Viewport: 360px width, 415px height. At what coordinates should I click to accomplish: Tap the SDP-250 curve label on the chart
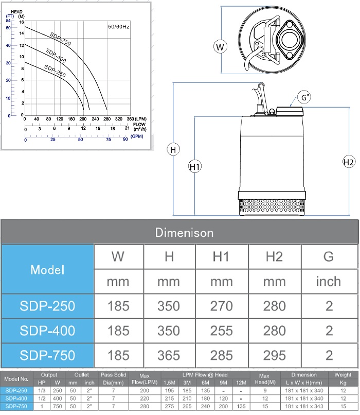pyautogui.click(x=54, y=69)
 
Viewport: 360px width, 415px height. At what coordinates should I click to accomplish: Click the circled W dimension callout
pyautogui.click(x=220, y=47)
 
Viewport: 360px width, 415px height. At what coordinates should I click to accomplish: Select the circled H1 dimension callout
pyautogui.click(x=194, y=166)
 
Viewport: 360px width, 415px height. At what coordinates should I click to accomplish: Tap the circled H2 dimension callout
pyautogui.click(x=348, y=162)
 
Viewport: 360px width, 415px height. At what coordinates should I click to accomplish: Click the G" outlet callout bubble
pyautogui.click(x=305, y=97)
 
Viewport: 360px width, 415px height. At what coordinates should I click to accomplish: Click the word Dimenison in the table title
pyautogui.click(x=184, y=233)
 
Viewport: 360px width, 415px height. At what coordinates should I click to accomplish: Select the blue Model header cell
pyautogui.click(x=48, y=269)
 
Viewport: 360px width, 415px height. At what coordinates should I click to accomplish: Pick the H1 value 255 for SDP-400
pyautogui.click(x=222, y=331)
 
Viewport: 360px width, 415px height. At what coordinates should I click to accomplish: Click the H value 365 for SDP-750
pyautogui.click(x=169, y=355)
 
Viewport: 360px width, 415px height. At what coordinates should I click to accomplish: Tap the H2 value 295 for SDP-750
pyautogui.click(x=274, y=355)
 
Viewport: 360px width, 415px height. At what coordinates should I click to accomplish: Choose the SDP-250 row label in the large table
pyautogui.click(x=48, y=306)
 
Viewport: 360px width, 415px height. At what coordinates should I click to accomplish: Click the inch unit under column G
pyautogui.click(x=329, y=282)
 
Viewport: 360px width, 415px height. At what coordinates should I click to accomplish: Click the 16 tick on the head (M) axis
pyautogui.click(x=22, y=23)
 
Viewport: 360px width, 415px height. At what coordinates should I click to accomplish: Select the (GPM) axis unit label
pyautogui.click(x=137, y=136)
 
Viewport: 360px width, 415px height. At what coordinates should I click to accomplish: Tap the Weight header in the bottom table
pyautogui.click(x=343, y=375)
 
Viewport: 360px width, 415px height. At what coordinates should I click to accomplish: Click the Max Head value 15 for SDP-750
pyautogui.click(x=264, y=406)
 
